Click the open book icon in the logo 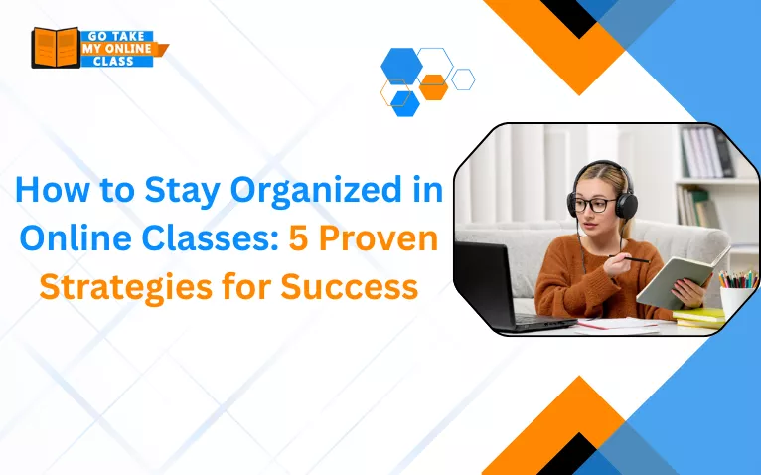pos(54,47)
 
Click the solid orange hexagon pos(433,87)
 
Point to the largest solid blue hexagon pos(401,66)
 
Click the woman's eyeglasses pos(593,205)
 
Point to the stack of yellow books pos(700,318)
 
